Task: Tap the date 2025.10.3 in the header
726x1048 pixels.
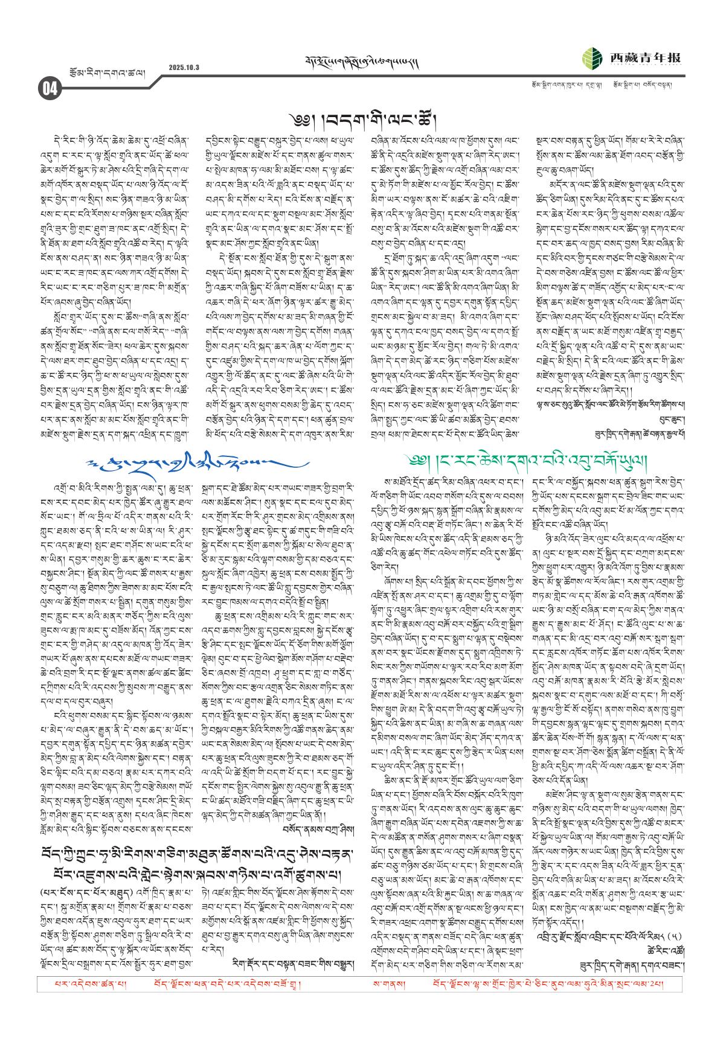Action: point(184,67)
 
